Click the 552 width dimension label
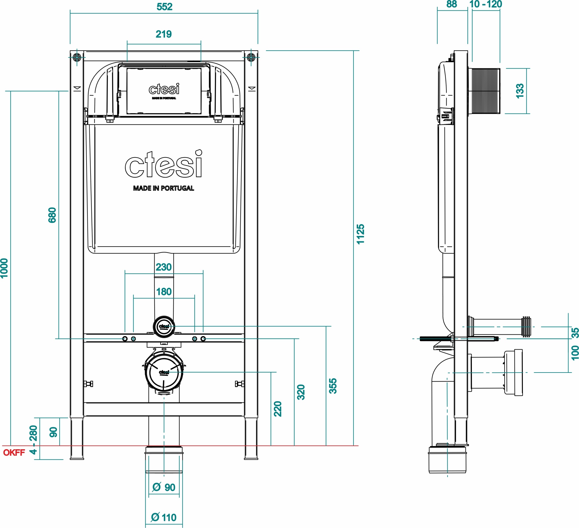pyautogui.click(x=164, y=7)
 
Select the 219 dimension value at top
pyautogui.click(x=164, y=34)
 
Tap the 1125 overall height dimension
pyautogui.click(x=360, y=234)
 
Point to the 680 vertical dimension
pyautogui.click(x=52, y=215)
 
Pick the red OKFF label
pyautogui.click(x=14, y=453)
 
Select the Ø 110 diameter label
pyautogui.click(x=164, y=517)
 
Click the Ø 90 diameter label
pyautogui.click(x=164, y=487)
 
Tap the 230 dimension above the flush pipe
pyautogui.click(x=164, y=267)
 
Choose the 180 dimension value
pyautogui.click(x=164, y=291)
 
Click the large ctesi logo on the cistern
pyautogui.click(x=164, y=165)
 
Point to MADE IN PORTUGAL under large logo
pyautogui.click(x=164, y=188)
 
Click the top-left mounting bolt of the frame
pyautogui.click(x=77, y=57)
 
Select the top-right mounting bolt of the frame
pyautogui.click(x=251, y=57)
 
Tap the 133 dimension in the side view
pyautogui.click(x=520, y=91)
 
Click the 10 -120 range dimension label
pyautogui.click(x=485, y=4)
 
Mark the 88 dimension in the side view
pyautogui.click(x=451, y=4)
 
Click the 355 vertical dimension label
pyautogui.click(x=333, y=386)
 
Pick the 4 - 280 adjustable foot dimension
pyautogui.click(x=34, y=440)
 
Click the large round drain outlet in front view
pyautogui.click(x=164, y=373)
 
